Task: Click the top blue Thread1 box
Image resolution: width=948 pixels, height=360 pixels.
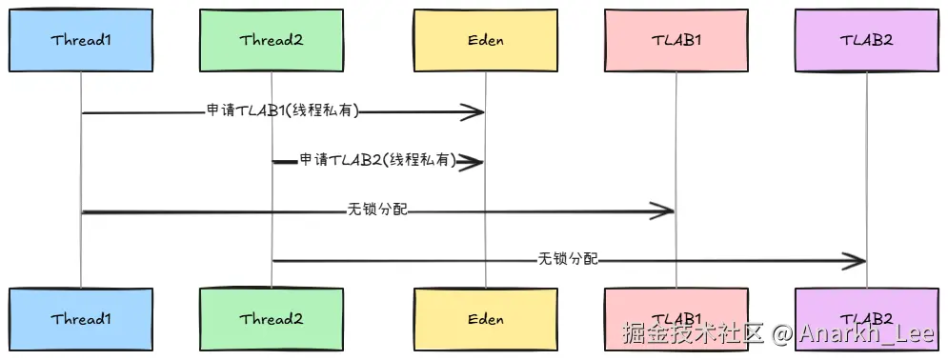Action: point(80,40)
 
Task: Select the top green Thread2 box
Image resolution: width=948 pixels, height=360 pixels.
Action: point(272,40)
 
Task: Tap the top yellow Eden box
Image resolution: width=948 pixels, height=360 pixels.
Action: point(486,40)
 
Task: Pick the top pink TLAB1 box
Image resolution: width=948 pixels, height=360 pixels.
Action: point(676,40)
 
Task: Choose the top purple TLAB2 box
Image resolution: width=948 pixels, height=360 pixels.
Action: point(867,40)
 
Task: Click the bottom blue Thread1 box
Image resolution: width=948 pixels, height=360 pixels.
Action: point(80,319)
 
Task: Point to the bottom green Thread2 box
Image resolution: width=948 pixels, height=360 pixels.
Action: point(272,319)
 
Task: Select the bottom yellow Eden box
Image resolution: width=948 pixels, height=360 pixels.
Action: point(486,319)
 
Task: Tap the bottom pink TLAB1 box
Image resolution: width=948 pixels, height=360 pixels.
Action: point(676,319)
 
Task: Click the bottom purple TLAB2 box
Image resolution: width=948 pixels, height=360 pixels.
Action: point(867,319)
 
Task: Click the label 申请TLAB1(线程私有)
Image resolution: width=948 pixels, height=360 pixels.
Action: point(283,111)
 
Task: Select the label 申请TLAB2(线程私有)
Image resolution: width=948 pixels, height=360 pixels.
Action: point(378,160)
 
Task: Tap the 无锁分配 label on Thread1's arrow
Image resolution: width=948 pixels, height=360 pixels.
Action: point(378,210)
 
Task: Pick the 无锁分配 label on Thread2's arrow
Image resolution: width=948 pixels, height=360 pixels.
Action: point(568,259)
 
